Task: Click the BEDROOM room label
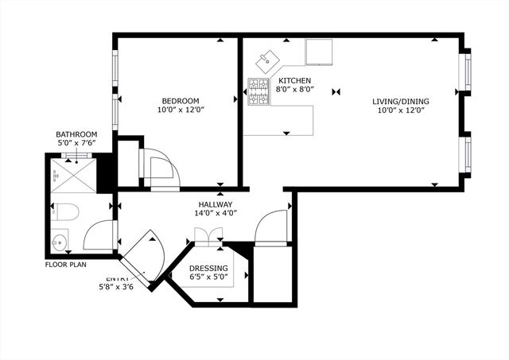(181, 101)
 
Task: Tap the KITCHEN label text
(295, 81)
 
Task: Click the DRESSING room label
(209, 269)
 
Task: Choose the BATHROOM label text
(76, 134)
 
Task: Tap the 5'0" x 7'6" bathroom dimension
(76, 143)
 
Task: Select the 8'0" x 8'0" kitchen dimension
(295, 90)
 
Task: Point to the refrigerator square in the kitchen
(320, 52)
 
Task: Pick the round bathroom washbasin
(58, 240)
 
